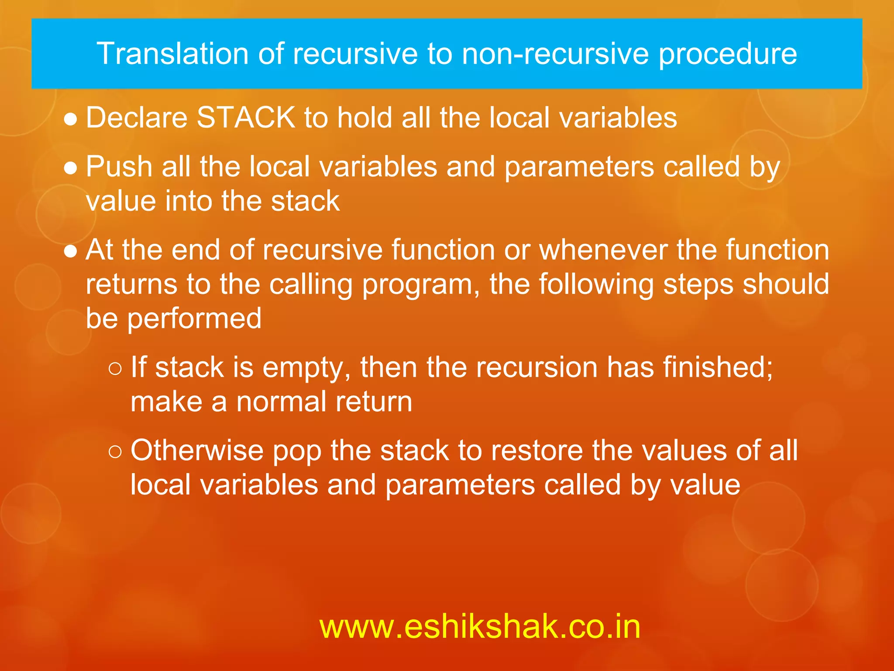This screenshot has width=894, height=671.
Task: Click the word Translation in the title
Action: pyautogui.click(x=172, y=54)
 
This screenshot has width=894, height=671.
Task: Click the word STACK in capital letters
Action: pyautogui.click(x=246, y=118)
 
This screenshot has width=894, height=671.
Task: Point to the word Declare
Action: pyautogui.click(x=136, y=118)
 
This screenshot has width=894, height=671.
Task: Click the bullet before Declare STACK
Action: pyautogui.click(x=71, y=119)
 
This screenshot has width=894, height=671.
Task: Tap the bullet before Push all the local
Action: pyautogui.click(x=71, y=168)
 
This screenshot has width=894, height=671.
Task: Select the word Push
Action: pyautogui.click(x=119, y=166)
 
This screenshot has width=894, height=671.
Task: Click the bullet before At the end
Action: pyautogui.click(x=71, y=251)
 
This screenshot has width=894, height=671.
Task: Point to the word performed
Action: pyautogui.click(x=194, y=318)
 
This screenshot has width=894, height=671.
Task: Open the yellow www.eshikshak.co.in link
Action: pyautogui.click(x=480, y=626)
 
